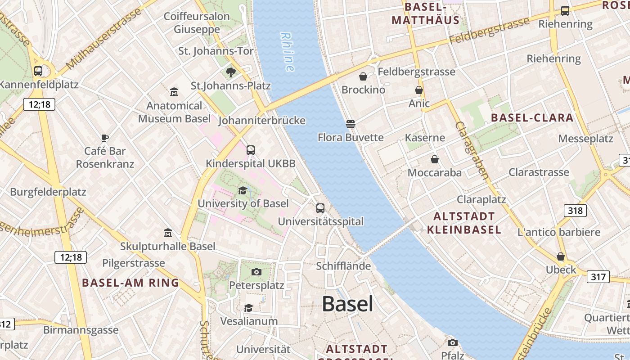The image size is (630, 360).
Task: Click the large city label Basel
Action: tap(347, 304)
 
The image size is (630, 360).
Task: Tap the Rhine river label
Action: tap(287, 51)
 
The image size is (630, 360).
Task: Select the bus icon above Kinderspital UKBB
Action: tap(251, 150)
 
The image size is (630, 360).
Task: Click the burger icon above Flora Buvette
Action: tap(351, 124)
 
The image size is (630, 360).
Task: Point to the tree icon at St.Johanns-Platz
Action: tap(231, 72)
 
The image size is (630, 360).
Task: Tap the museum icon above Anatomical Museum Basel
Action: tap(174, 92)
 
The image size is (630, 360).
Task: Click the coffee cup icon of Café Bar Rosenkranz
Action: tap(105, 138)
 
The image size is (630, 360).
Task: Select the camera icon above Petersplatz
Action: tap(256, 272)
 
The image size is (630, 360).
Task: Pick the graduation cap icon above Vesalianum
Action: tap(248, 308)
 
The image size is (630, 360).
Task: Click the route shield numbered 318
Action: tap(575, 210)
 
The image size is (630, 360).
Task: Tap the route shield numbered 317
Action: tap(598, 276)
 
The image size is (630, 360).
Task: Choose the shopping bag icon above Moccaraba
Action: tap(435, 159)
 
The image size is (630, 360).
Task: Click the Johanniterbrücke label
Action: tap(262, 121)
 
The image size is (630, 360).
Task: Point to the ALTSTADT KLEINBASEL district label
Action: tap(464, 223)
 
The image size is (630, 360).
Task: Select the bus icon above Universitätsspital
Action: tap(320, 208)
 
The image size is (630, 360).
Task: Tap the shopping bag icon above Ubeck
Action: tap(561, 256)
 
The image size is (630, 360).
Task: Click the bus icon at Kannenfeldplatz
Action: tap(38, 71)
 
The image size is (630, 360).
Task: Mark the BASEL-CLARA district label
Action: tap(532, 118)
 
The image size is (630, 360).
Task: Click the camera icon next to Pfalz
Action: tap(453, 342)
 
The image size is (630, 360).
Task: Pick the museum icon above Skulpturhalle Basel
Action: tap(168, 233)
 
